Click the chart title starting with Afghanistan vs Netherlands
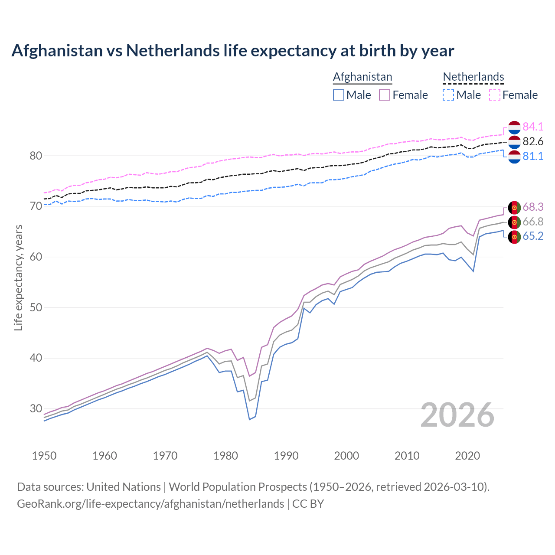point(232,51)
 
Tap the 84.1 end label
point(533,127)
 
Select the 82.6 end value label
point(533,141)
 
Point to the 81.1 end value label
point(533,156)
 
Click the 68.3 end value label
point(533,207)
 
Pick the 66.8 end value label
point(533,222)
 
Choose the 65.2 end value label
point(533,236)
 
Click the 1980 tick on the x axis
point(225,456)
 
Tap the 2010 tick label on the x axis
point(407,456)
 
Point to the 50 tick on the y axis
point(36,307)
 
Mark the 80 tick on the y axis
point(36,156)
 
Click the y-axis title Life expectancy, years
point(19,277)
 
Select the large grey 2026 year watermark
point(457,415)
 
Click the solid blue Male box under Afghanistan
point(339,95)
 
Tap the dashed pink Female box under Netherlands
point(495,95)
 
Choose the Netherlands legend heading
point(473,77)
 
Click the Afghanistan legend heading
point(362,77)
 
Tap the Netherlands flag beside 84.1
point(514,127)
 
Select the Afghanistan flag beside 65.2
point(514,237)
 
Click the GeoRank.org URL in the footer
point(150,503)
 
